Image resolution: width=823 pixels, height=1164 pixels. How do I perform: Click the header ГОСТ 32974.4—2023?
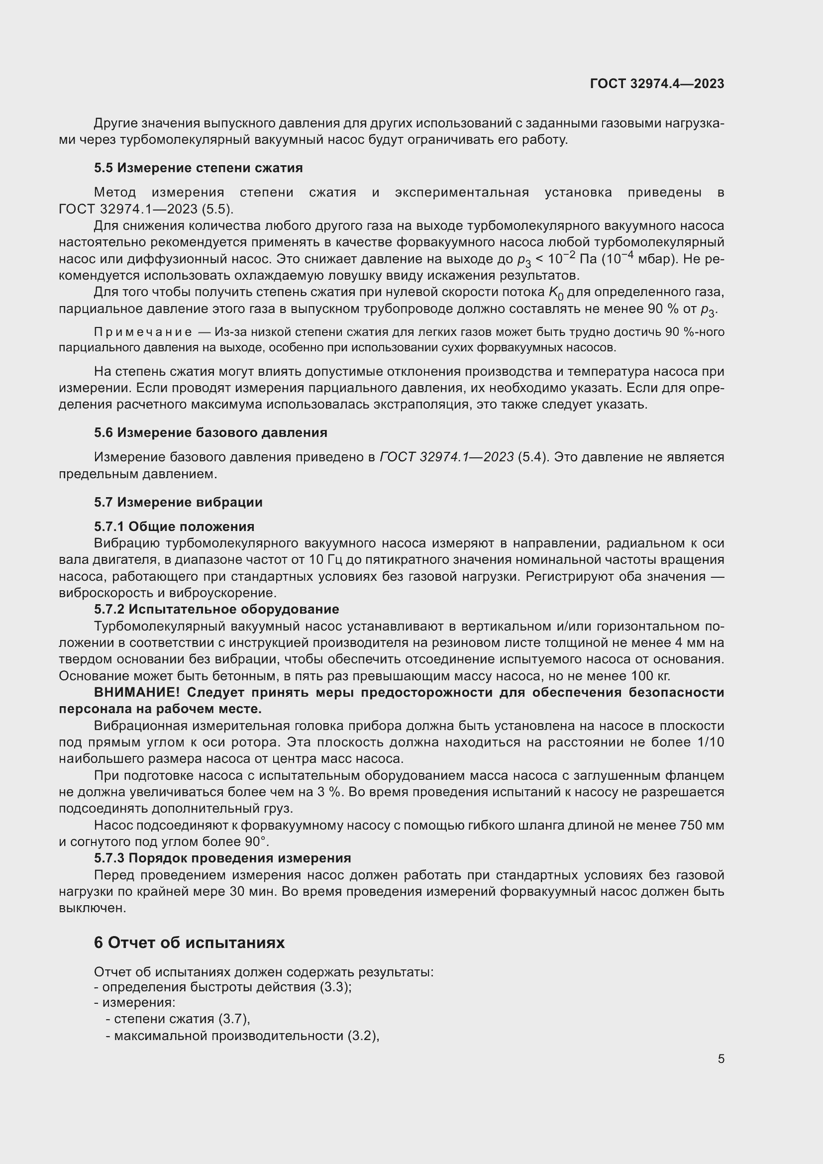click(657, 84)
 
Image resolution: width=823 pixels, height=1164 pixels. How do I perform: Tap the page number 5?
click(720, 1058)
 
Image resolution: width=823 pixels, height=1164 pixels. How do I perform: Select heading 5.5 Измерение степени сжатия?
click(198, 168)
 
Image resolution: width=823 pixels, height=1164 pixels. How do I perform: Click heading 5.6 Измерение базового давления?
click(210, 432)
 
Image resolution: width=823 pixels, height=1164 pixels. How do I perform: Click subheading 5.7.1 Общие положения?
click(174, 526)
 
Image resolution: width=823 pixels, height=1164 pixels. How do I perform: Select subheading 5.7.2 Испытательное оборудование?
click(216, 609)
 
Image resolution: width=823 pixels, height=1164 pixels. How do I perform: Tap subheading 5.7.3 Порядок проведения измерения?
click(222, 858)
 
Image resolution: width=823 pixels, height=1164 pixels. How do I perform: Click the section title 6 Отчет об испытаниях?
click(189, 943)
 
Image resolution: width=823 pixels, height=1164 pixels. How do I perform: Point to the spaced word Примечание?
click(143, 332)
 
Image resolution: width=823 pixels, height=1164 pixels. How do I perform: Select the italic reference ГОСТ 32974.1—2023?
click(446, 457)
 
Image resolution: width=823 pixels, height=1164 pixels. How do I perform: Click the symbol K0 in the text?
click(556, 293)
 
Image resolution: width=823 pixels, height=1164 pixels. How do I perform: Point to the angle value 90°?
click(255, 842)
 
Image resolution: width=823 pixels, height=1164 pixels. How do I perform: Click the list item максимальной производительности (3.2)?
click(242, 1035)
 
